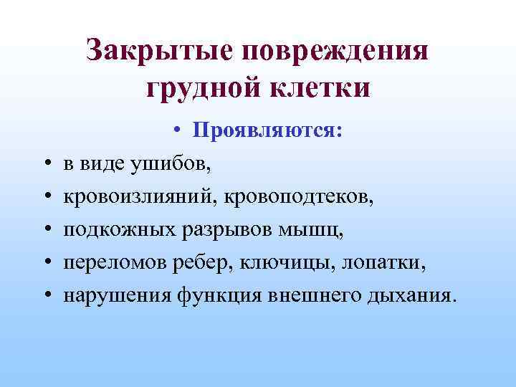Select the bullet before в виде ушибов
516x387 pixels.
pyautogui.click(x=47, y=164)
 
